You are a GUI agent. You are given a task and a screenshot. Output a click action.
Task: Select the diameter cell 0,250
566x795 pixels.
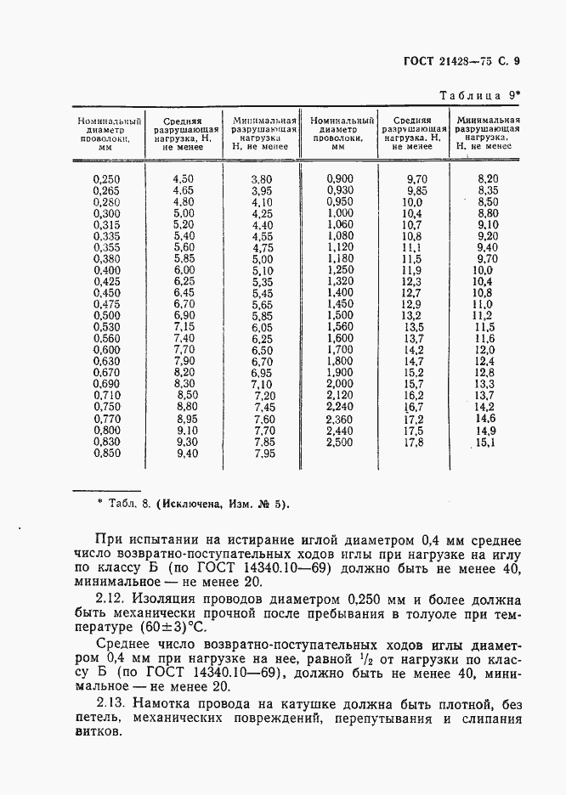(x=106, y=179)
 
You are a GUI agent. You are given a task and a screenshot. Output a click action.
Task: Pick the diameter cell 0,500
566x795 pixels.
(x=106, y=316)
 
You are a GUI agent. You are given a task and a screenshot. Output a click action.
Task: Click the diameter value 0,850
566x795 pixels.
(x=106, y=454)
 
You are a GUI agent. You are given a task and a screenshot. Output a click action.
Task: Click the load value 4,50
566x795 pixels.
(x=183, y=179)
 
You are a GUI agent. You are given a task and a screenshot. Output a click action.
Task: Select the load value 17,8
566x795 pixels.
(x=412, y=443)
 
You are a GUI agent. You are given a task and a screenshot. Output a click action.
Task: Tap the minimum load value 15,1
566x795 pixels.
(x=485, y=443)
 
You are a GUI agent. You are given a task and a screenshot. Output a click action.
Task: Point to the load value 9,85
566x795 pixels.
(x=416, y=191)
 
